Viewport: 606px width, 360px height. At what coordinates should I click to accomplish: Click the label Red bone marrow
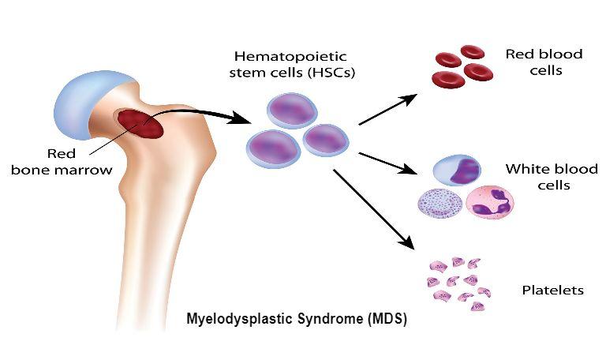(62, 162)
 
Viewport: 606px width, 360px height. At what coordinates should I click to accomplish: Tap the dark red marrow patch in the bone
(140, 124)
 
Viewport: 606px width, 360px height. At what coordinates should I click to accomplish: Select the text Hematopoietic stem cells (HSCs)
(292, 65)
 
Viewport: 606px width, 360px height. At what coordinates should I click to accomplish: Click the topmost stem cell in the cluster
(292, 111)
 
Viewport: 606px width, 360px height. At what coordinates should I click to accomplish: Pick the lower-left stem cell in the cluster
(273, 149)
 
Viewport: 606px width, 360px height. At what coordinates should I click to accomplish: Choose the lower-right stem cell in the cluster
(326, 140)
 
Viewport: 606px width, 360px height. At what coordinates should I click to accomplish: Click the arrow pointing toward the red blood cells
(388, 109)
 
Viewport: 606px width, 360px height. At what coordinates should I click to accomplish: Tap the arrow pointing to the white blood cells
(388, 163)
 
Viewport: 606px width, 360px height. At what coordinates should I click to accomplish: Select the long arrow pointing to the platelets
(374, 208)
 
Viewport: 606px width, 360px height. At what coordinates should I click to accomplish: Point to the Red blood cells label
(544, 62)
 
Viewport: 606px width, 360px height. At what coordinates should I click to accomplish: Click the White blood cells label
(552, 177)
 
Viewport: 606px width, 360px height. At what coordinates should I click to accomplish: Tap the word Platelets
(552, 290)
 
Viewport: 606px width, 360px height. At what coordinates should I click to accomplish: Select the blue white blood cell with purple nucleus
(457, 171)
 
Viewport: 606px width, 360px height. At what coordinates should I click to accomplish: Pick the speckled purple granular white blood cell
(440, 203)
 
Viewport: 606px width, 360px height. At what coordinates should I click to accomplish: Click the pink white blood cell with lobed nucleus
(490, 203)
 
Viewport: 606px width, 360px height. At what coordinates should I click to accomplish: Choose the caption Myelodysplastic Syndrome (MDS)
(297, 319)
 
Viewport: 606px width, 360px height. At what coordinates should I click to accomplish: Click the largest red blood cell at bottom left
(448, 80)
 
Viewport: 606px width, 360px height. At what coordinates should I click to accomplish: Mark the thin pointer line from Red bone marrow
(114, 138)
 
